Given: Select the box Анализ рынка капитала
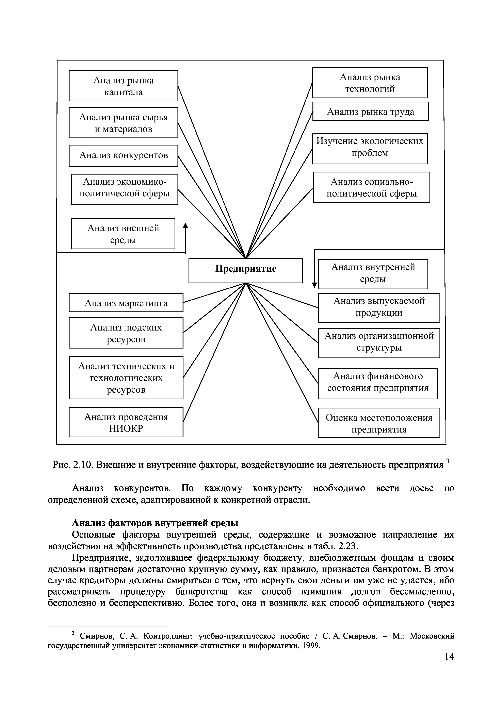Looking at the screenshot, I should (x=123, y=86).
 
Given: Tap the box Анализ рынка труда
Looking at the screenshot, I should (x=370, y=111).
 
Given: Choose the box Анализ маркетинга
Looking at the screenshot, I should (x=126, y=303).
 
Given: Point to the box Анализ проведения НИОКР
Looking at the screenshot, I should (x=126, y=422).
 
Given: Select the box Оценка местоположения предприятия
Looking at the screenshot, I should (x=379, y=423).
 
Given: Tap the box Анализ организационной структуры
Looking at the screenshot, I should (x=379, y=343).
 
